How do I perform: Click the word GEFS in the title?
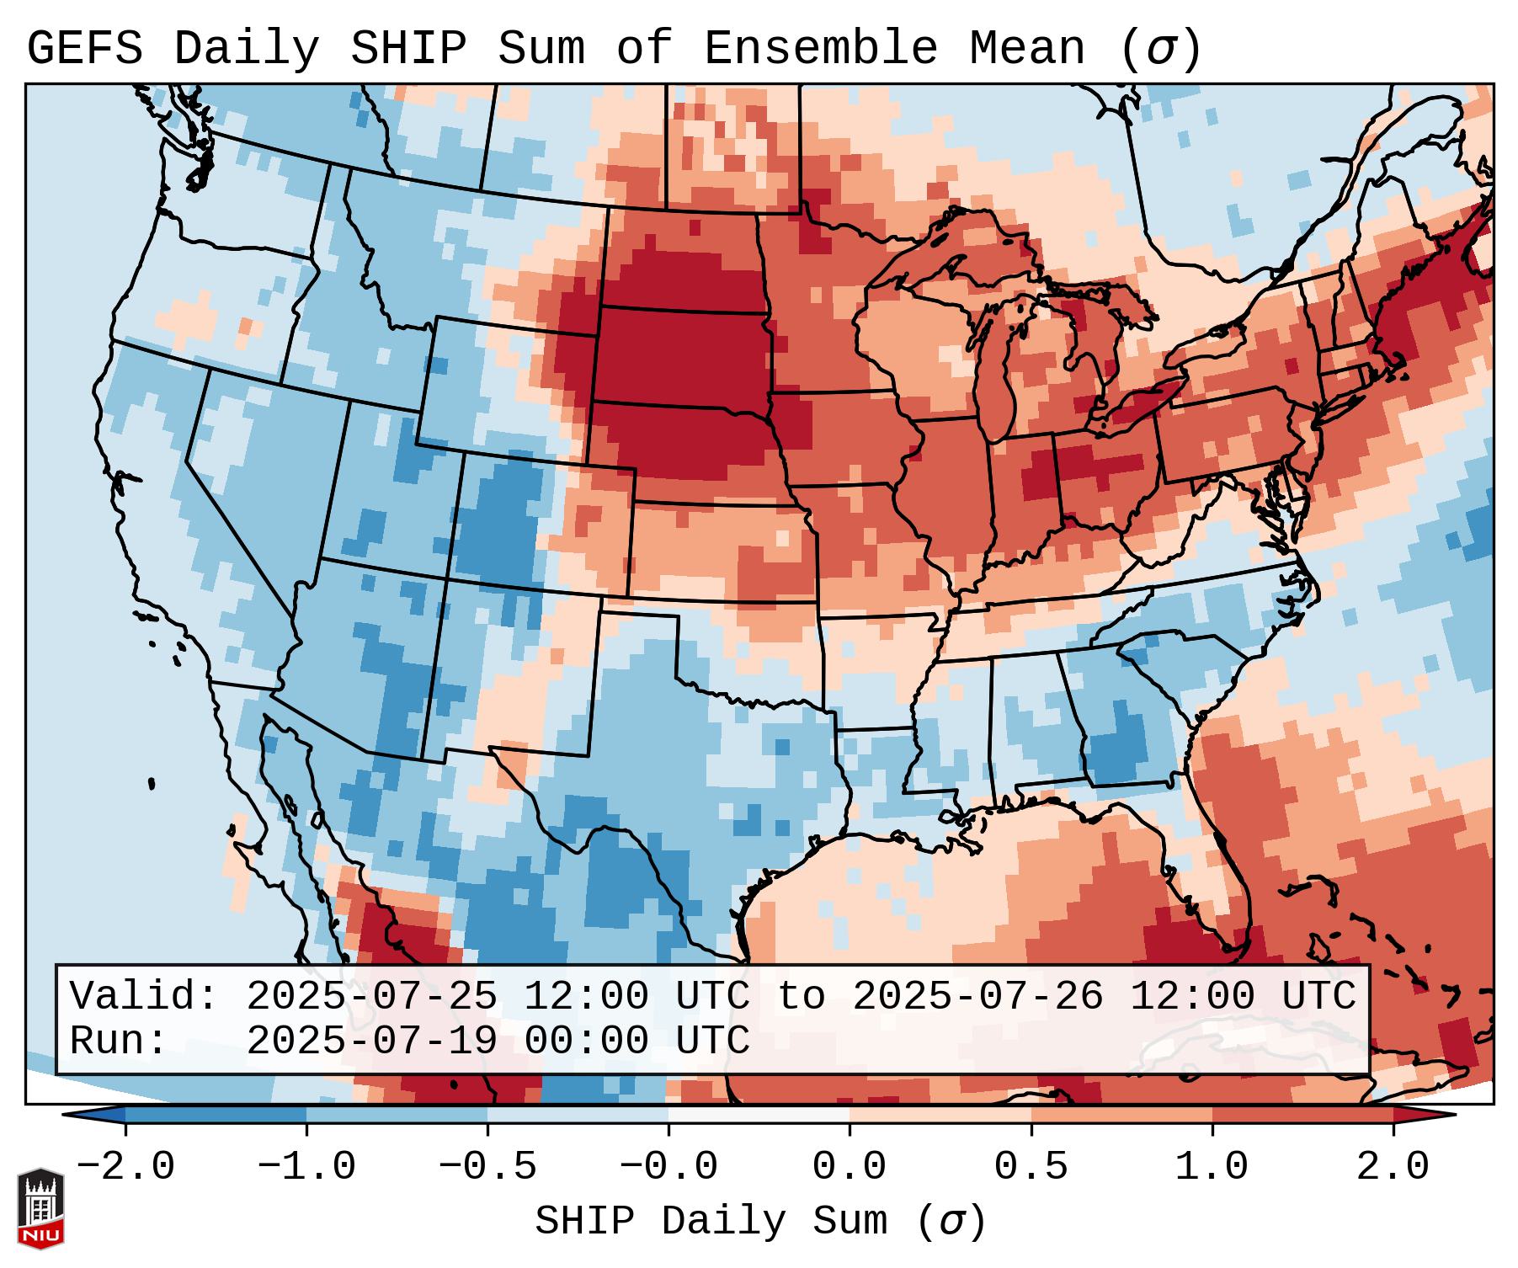click(84, 49)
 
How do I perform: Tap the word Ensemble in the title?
click(820, 49)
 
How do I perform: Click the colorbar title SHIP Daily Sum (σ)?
click(759, 1222)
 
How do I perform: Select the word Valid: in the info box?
click(144, 997)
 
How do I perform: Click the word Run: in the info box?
click(118, 1042)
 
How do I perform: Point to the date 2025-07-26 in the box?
click(977, 997)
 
